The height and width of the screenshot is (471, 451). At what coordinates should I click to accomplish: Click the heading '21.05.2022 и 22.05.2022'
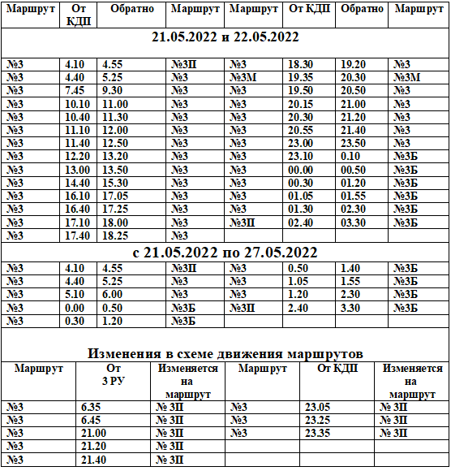pyautogui.click(x=225, y=38)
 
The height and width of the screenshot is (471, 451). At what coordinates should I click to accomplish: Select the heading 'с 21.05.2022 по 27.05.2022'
pyautogui.click(x=225, y=253)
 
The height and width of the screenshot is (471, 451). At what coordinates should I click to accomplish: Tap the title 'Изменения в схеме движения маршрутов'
pyautogui.click(x=225, y=353)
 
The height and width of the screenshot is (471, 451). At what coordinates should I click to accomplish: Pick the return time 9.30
pyautogui.click(x=113, y=91)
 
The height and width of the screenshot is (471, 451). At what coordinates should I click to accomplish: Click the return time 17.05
pyautogui.click(x=115, y=196)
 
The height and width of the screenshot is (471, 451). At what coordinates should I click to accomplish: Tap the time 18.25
pyautogui.click(x=115, y=235)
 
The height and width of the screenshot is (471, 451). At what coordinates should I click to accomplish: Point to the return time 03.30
pyautogui.click(x=354, y=222)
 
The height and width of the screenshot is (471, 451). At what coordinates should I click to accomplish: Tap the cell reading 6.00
pyautogui.click(x=113, y=294)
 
